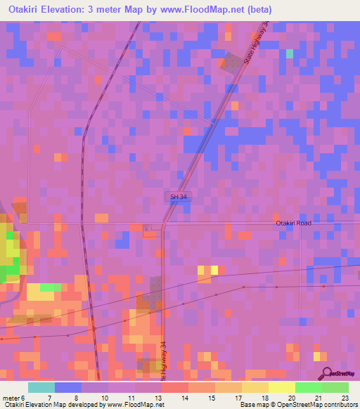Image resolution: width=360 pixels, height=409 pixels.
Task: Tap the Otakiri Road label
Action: point(293,223)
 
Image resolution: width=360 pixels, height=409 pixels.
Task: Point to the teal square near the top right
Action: point(289,53)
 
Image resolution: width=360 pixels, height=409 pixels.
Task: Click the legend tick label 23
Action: point(345,397)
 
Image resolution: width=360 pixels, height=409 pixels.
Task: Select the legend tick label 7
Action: point(49,397)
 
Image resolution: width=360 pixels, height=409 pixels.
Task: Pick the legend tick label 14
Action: point(185,397)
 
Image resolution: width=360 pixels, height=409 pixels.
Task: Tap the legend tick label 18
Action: point(265,397)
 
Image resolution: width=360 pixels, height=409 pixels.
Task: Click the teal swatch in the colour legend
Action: point(41,387)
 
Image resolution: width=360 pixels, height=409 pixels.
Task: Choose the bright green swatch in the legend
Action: point(308,387)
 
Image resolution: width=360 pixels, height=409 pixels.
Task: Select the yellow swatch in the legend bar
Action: point(281,387)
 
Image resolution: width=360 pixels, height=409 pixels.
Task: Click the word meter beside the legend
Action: point(11,397)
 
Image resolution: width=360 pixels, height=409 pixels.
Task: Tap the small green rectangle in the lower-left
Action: point(51,287)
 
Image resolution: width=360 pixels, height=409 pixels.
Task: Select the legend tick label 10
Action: point(103,397)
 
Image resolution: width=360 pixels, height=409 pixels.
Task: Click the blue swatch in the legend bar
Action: point(67,387)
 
